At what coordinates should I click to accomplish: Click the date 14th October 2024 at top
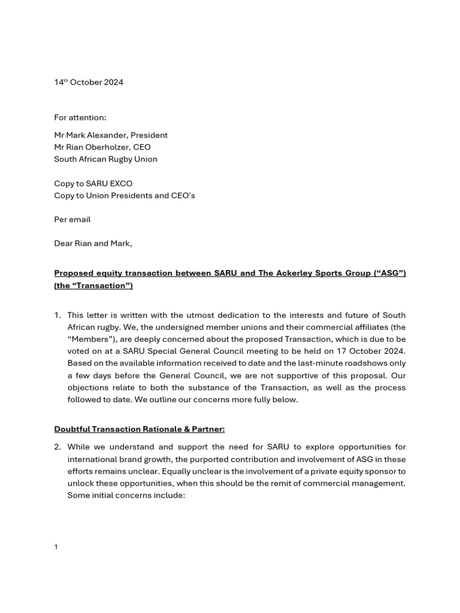coord(89,83)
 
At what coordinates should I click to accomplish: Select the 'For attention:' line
coord(80,117)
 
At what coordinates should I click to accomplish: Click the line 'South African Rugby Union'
coord(105,159)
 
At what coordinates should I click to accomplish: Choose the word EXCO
coord(120,184)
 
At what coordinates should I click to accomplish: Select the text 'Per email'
coord(72,220)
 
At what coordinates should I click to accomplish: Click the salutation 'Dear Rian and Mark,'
coord(93,244)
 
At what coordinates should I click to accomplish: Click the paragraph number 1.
coord(57,315)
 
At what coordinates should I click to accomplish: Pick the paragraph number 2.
coord(57,447)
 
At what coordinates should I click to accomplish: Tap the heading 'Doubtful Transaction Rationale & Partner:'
coord(140,429)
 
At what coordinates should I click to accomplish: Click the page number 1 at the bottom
coord(56,547)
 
